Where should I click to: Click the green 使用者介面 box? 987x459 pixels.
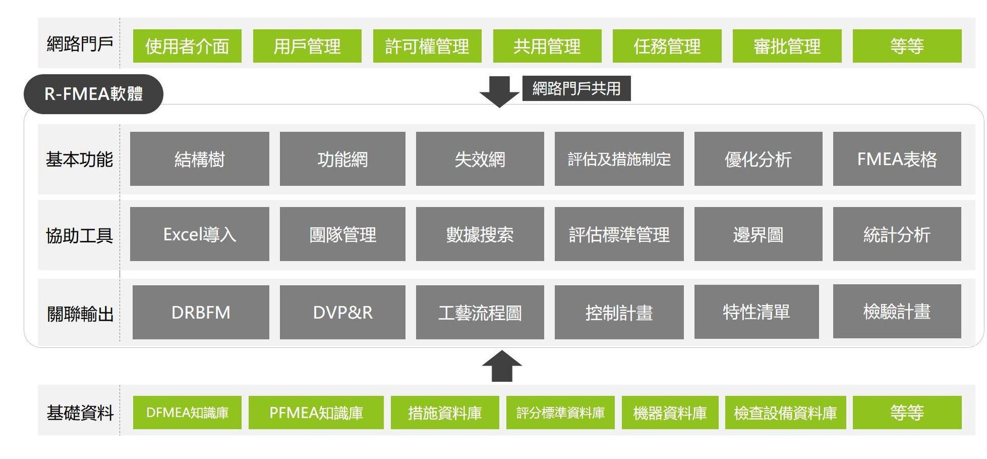click(x=187, y=46)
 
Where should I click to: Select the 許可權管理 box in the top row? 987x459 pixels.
click(x=427, y=46)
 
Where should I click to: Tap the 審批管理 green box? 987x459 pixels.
click(x=787, y=46)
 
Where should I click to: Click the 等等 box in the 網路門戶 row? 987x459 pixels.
click(x=907, y=46)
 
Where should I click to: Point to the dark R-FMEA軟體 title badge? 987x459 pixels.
click(x=94, y=94)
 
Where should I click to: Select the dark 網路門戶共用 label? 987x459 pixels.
click(x=576, y=89)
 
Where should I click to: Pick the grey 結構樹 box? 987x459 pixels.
click(x=199, y=159)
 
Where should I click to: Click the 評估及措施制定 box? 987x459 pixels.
click(x=619, y=159)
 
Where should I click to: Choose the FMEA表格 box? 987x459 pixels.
click(x=897, y=159)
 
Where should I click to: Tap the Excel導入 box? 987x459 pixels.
click(x=199, y=234)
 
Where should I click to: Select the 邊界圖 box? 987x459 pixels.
click(x=758, y=234)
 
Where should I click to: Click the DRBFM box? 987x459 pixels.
click(x=200, y=312)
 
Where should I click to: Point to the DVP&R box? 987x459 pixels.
click(x=342, y=312)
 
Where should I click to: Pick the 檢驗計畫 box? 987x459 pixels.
click(x=897, y=311)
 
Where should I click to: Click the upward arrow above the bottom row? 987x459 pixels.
click(x=502, y=366)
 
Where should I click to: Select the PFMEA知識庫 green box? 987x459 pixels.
click(x=316, y=413)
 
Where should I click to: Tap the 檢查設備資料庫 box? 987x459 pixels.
click(x=785, y=413)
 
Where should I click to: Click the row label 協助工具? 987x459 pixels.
click(x=79, y=235)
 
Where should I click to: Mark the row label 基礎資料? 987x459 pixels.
click(x=80, y=413)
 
